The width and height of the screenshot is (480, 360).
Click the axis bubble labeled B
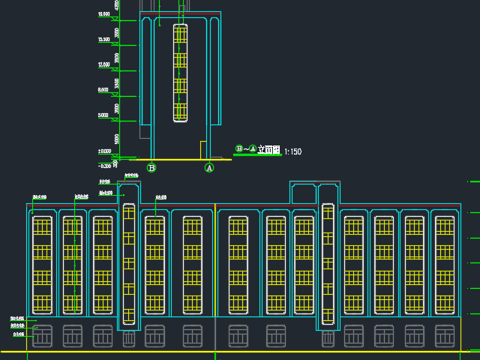click(151, 168)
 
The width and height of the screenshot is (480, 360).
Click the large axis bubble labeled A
click(209, 168)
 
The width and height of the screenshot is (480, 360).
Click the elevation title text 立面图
click(268, 150)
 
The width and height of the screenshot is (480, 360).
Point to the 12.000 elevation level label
click(103, 65)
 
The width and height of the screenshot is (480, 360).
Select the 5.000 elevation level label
click(103, 115)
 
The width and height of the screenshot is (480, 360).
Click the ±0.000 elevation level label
click(103, 151)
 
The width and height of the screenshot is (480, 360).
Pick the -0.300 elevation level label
click(103, 165)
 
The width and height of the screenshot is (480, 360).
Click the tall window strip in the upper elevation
click(180, 73)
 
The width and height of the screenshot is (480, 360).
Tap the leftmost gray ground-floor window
click(42, 336)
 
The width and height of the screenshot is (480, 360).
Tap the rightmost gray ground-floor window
click(445, 336)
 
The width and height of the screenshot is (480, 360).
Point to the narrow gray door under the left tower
click(128, 339)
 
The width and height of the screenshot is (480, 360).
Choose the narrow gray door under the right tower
click(327, 339)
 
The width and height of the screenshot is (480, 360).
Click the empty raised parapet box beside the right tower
click(303, 193)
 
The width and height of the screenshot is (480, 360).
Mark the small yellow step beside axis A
click(203, 149)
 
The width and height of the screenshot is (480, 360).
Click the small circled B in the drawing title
click(239, 148)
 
